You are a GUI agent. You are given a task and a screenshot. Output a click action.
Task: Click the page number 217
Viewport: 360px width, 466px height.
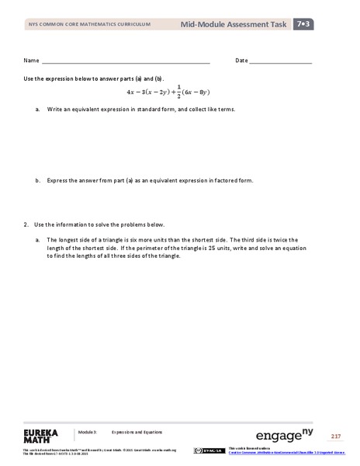pyautogui.click(x=336, y=436)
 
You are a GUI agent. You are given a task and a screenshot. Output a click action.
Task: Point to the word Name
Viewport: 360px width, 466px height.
pyautogui.click(x=31, y=60)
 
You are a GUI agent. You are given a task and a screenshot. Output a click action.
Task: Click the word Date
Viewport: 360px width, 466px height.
pyautogui.click(x=241, y=60)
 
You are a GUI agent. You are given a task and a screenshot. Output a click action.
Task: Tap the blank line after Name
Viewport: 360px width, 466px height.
pyautogui.click(x=125, y=61)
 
